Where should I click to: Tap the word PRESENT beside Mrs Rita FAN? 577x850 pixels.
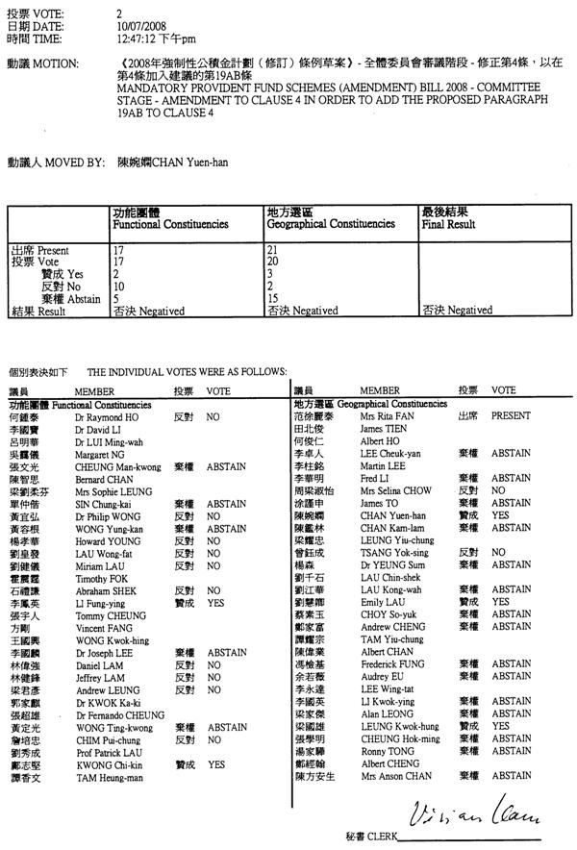(512, 418)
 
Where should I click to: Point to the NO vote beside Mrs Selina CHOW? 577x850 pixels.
(498, 490)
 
